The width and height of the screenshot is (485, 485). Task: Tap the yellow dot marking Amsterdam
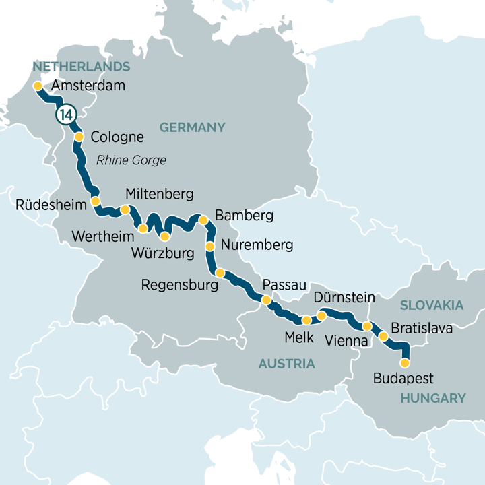37,86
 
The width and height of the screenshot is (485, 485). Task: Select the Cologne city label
117,137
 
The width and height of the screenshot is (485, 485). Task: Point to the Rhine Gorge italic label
131,160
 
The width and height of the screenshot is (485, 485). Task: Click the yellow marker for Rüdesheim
95,201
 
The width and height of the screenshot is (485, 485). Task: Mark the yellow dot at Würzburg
164,236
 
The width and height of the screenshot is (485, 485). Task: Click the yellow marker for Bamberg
203,220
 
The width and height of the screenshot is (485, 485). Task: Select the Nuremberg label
257,245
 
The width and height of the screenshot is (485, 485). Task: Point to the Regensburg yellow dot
220,272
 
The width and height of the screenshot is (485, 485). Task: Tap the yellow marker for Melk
306,320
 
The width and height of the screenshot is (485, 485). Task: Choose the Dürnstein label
344,297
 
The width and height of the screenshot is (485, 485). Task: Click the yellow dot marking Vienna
367,326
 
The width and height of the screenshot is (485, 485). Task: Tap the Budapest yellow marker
405,363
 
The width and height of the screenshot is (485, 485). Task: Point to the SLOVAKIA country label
431,305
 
